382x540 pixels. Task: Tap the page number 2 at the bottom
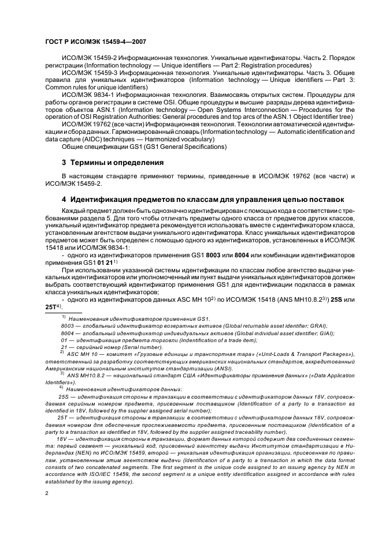(x=46, y=494)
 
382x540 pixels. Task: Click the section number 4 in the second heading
(x=64, y=200)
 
